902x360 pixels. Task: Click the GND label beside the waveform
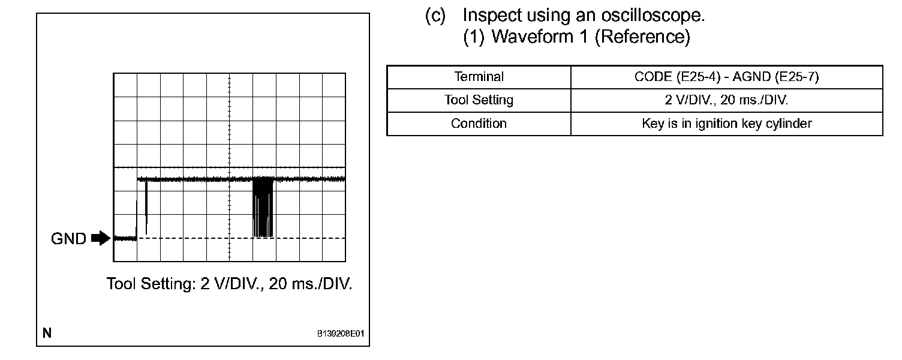click(x=69, y=239)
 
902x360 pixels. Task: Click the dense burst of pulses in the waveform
click(x=263, y=207)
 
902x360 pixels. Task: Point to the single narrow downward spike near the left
click(x=146, y=207)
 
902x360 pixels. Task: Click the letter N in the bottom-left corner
click(x=47, y=333)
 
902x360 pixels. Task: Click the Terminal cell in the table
click(x=479, y=77)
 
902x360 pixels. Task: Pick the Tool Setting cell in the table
click(x=479, y=100)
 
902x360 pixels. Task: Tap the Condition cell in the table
click(x=479, y=124)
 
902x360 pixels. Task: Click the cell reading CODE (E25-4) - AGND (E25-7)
click(x=726, y=77)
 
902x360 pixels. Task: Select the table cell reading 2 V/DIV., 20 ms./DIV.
click(x=726, y=100)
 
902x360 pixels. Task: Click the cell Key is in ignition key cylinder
click(x=726, y=124)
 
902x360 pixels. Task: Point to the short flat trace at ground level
click(x=125, y=239)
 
